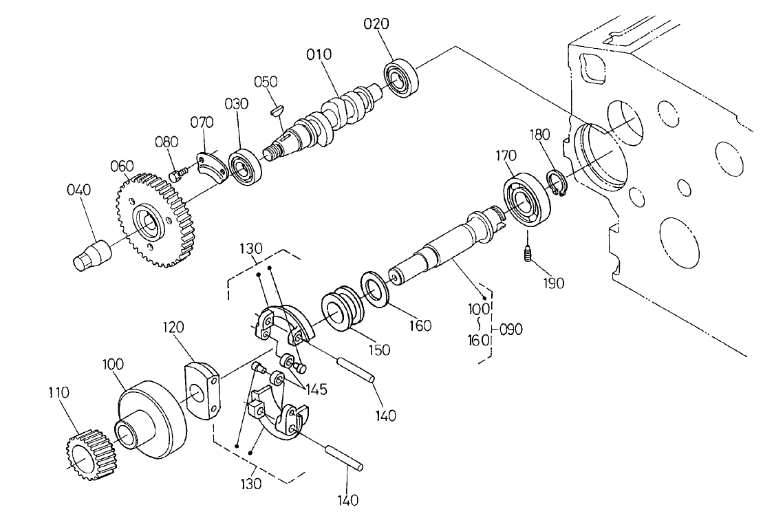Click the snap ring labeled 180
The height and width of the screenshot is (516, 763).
556,184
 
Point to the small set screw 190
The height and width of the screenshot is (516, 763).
527,255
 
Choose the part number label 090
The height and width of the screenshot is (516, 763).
511,329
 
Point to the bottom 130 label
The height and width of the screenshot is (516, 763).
251,484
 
